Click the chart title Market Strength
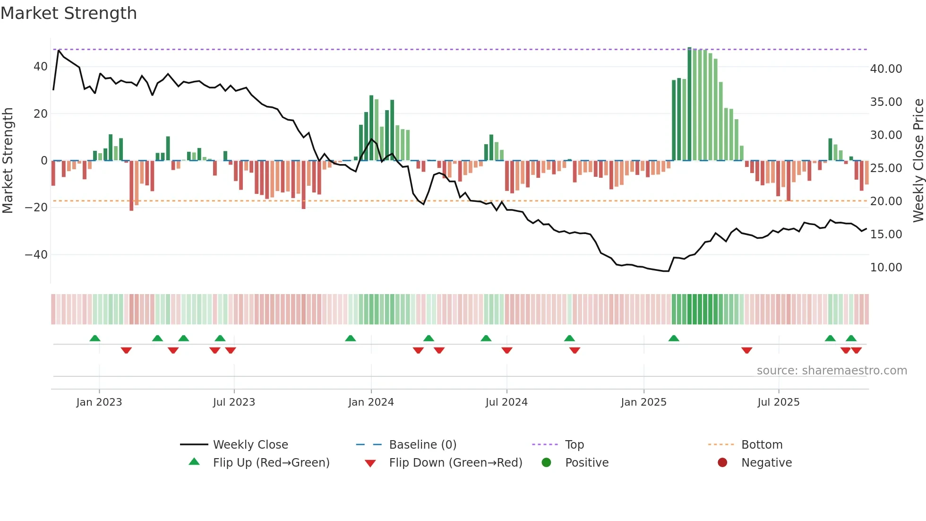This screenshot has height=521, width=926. tap(69, 13)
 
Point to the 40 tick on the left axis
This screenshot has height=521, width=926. tap(40, 67)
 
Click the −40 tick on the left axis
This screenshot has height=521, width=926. tap(36, 255)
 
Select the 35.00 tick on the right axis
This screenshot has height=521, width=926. tap(886, 102)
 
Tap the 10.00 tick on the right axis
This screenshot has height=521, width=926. tap(886, 268)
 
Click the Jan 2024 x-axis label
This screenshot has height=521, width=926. tap(371, 402)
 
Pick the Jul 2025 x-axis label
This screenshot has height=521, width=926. tap(778, 402)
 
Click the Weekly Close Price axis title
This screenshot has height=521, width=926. tap(918, 160)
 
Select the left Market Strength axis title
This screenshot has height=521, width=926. tap(8, 160)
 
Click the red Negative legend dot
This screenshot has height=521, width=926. tap(722, 463)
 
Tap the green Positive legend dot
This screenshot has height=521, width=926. tap(546, 463)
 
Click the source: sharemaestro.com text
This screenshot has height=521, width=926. tap(832, 371)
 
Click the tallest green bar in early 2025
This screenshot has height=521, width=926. tap(689, 104)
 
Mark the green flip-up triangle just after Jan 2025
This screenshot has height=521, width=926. tap(674, 338)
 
